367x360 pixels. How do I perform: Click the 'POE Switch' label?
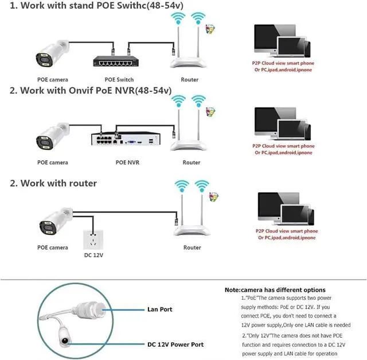coord(120,79)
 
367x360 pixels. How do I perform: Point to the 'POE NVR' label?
coord(127,162)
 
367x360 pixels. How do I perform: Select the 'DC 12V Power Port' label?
coord(174,344)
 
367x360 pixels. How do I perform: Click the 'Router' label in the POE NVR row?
coord(191,162)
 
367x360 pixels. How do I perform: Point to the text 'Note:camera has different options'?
coord(275,290)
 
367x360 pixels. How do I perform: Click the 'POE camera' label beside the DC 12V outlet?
coord(53,247)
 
